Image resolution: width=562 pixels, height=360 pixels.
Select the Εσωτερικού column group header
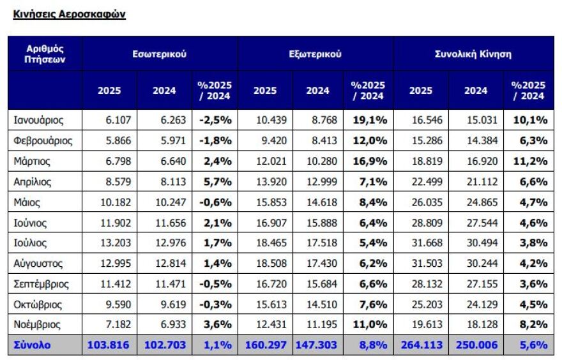point(160,54)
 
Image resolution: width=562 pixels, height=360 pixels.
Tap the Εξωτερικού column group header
point(315,54)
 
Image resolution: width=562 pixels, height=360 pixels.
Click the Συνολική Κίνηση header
point(473,54)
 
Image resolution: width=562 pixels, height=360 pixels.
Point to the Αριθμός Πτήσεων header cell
point(45,54)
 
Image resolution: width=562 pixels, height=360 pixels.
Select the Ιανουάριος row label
point(38,119)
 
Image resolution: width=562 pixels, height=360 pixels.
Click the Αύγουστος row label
point(38,263)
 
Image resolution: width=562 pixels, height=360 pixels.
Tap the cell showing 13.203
point(112,243)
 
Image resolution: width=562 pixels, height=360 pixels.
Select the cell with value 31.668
point(424,243)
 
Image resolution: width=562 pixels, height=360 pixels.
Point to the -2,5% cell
point(215,119)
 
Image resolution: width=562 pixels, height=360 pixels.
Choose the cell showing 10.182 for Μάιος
point(112,202)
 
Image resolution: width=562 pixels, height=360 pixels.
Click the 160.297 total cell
point(265,345)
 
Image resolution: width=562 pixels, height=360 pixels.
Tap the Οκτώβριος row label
point(38,304)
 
